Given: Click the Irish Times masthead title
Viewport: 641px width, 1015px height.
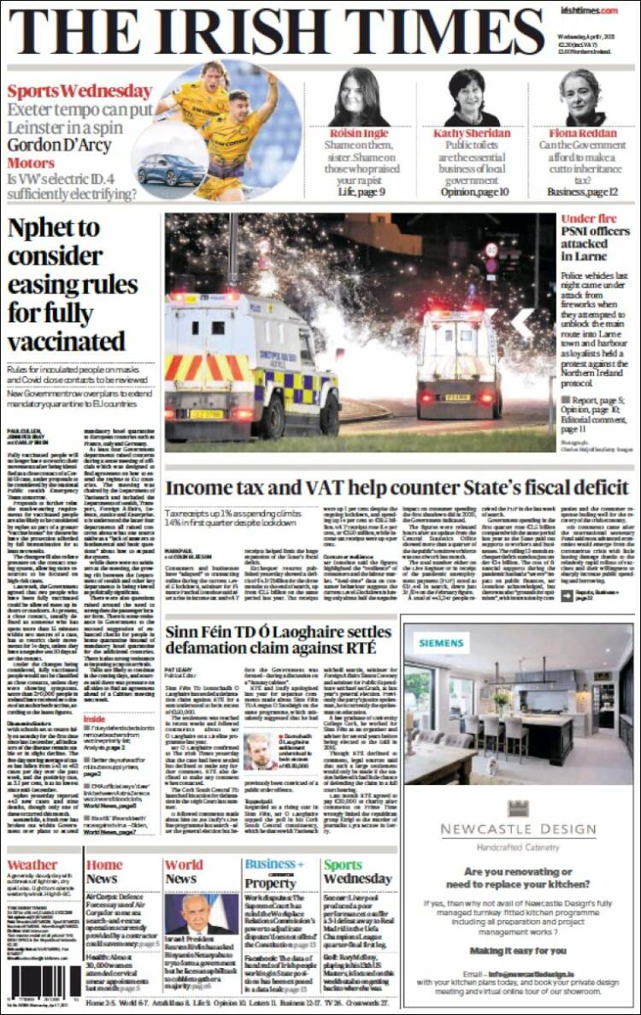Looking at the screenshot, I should [x=275, y=32].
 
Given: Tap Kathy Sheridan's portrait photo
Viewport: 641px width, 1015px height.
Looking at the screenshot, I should [x=472, y=97].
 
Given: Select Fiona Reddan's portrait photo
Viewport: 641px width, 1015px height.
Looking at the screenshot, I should [x=583, y=97].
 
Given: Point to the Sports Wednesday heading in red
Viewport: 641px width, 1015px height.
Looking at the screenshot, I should [x=79, y=91].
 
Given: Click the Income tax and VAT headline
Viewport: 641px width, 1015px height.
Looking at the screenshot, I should [x=397, y=487].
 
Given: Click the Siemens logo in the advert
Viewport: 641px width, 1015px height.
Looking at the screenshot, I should [x=442, y=643].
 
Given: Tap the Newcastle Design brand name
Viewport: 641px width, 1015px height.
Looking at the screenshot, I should [x=518, y=829].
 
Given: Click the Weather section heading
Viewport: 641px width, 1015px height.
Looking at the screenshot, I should [x=32, y=865].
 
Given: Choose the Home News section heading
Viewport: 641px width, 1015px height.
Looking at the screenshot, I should [x=103, y=871].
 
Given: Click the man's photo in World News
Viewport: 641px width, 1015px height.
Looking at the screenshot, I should [x=203, y=914].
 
